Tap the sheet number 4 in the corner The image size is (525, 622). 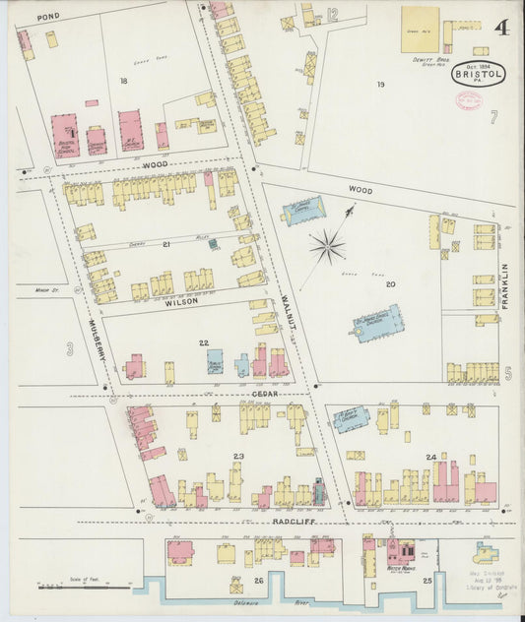[x=502, y=29]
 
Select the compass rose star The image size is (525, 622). [x=327, y=245]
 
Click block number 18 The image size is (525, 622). [x=124, y=81]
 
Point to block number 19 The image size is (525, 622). [x=380, y=85]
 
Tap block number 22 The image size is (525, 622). [x=204, y=342]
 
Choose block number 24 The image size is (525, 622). [x=430, y=458]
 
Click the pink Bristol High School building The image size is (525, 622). [x=64, y=136]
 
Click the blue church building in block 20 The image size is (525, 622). [x=379, y=323]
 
